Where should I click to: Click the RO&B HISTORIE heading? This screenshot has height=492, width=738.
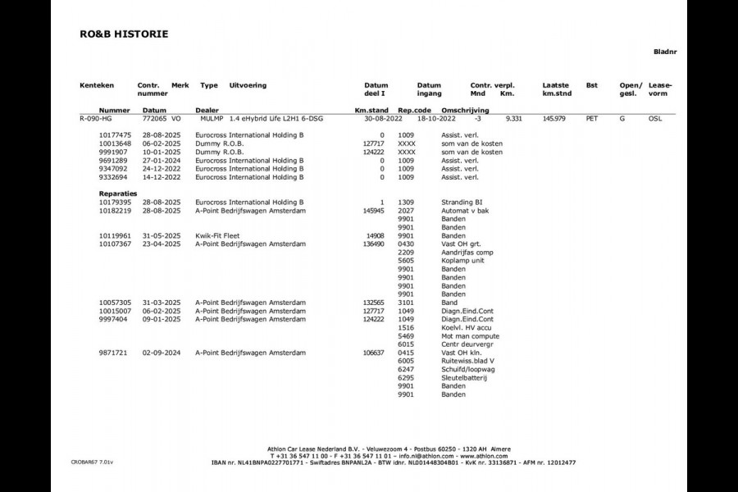[x=124, y=34]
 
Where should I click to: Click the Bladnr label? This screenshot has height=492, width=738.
[x=665, y=52]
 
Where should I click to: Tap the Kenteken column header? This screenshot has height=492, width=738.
[x=97, y=85]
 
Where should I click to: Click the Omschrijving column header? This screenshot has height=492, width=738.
[x=465, y=109]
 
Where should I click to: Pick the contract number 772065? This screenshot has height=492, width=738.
[x=150, y=119]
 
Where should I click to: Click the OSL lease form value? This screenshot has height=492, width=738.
[x=656, y=119]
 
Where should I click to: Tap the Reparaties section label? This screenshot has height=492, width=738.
[x=117, y=194]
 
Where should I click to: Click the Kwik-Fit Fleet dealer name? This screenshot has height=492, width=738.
[x=220, y=235]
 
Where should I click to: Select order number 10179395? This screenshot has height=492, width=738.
[x=116, y=202]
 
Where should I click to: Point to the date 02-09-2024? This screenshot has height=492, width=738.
[x=159, y=353]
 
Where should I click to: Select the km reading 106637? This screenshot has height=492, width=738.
[x=372, y=353]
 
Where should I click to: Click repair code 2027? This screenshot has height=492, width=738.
[x=406, y=210]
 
